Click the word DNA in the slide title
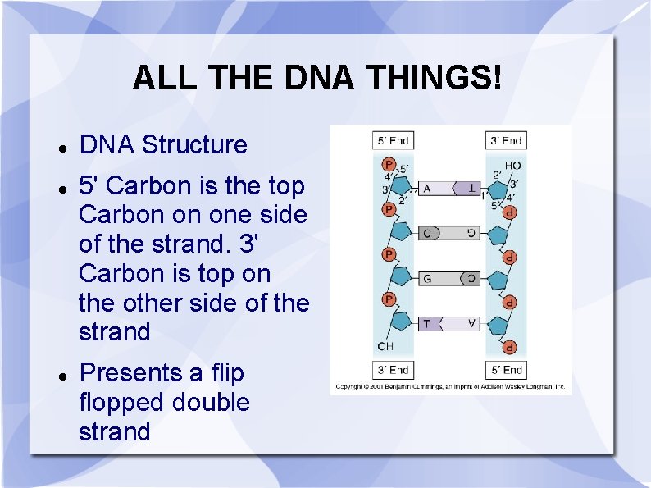[x=319, y=79]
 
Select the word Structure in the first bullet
[x=194, y=145]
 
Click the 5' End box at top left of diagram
[x=393, y=140]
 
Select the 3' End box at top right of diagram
[x=506, y=140]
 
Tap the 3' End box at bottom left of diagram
[x=393, y=370]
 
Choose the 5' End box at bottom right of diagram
[x=506, y=370]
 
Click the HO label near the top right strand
[x=512, y=166]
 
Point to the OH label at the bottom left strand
[x=385, y=346]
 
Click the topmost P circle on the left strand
[x=389, y=165]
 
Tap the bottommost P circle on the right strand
[x=510, y=347]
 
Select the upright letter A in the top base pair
[x=426, y=189]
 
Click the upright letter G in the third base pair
[x=427, y=279]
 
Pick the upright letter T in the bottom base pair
[x=426, y=324]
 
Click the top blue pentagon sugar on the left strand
[x=402, y=183]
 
